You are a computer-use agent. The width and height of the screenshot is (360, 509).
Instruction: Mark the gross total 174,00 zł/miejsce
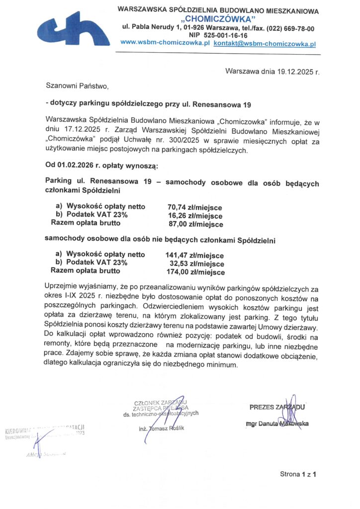tap(195, 272)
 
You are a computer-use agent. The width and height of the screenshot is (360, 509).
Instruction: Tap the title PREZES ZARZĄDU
tap(276, 407)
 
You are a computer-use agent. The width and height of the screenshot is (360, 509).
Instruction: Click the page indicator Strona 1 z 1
tap(298, 474)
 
